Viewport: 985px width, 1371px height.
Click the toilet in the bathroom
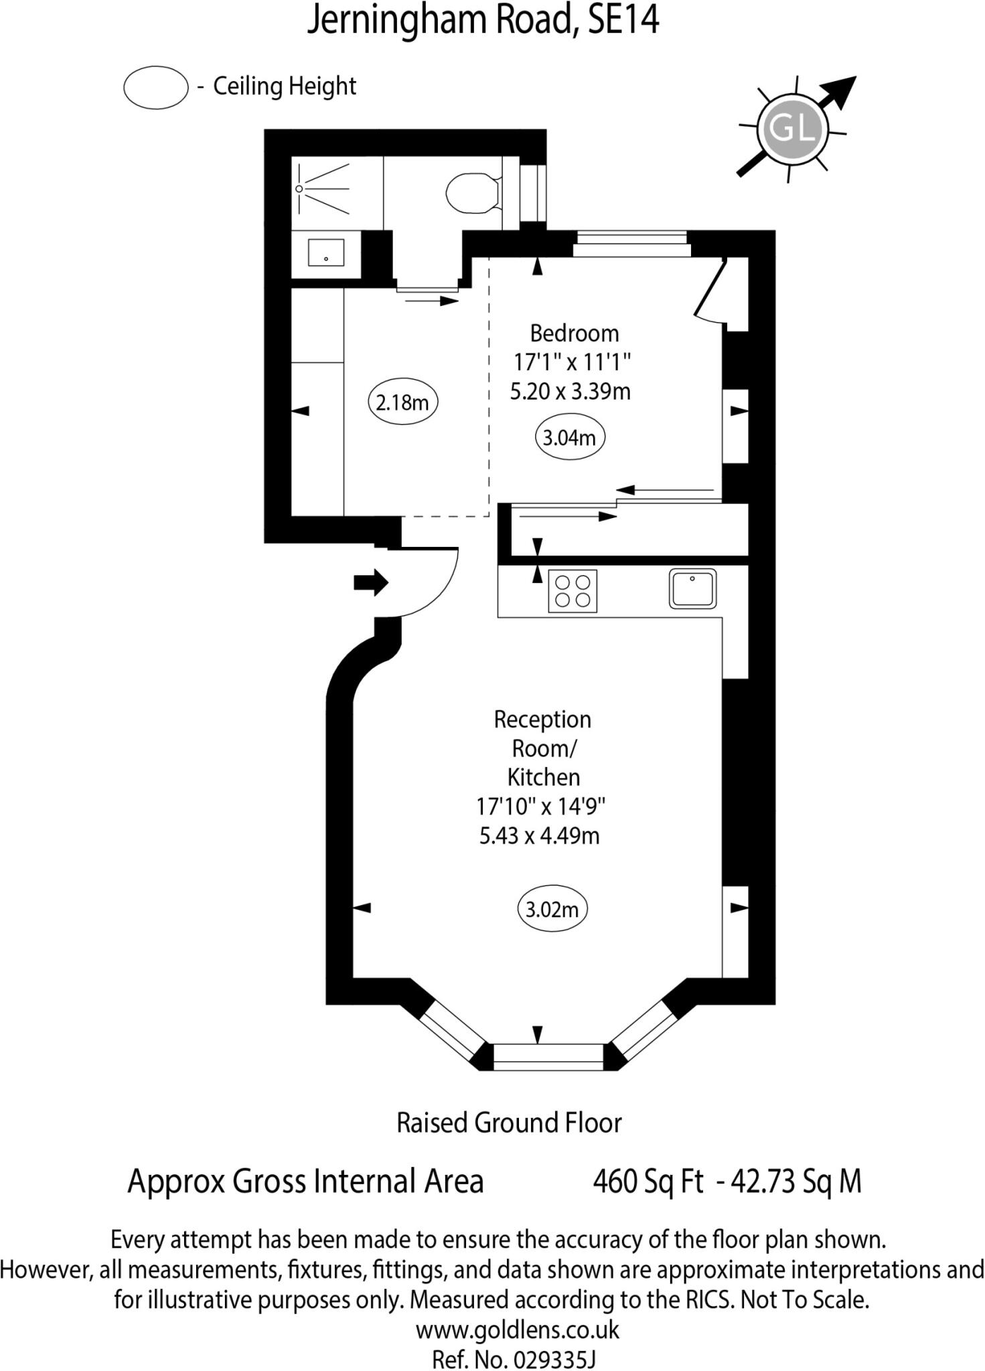click(x=473, y=193)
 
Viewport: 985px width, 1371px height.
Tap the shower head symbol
click(x=300, y=189)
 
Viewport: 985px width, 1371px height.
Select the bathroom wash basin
click(x=325, y=253)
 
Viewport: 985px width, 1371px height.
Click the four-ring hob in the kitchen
click(x=573, y=590)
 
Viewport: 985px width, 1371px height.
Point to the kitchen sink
click(x=692, y=588)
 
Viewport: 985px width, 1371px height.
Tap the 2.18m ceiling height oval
click(x=402, y=402)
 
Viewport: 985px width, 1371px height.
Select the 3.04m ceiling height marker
click(x=569, y=438)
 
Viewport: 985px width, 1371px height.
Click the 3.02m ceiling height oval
click(x=552, y=909)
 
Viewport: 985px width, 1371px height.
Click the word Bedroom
click(x=574, y=333)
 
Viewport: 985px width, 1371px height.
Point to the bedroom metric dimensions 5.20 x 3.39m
click(x=570, y=391)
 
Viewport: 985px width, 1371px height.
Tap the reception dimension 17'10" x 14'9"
click(x=540, y=806)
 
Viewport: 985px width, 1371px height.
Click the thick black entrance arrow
click(x=371, y=582)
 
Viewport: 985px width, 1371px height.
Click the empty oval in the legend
click(x=156, y=87)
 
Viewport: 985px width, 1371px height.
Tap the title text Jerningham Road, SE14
click(x=483, y=20)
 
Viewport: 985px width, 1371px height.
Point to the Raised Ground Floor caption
click(x=509, y=1123)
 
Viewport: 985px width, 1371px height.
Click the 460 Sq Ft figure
click(x=648, y=1182)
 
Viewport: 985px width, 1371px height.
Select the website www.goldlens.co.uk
click(x=518, y=1329)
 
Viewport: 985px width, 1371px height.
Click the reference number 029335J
click(x=554, y=1360)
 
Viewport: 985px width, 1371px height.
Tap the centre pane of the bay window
click(x=548, y=1056)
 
